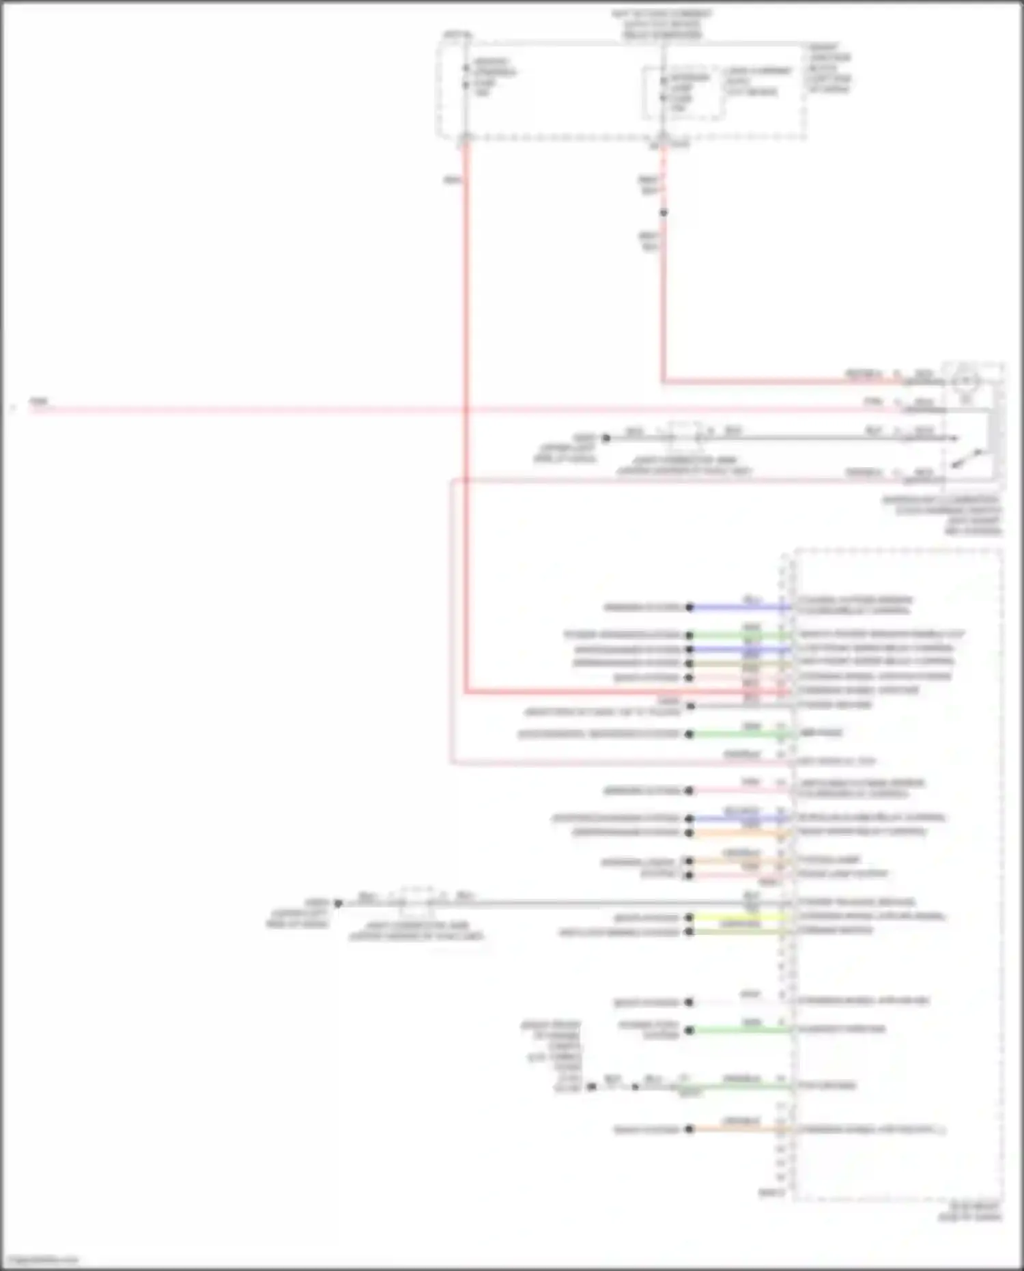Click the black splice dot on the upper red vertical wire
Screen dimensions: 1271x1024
pyautogui.click(x=663, y=212)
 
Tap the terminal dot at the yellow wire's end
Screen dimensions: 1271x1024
pyautogui.click(x=689, y=917)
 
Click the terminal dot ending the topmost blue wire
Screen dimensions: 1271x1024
pyautogui.click(x=689, y=606)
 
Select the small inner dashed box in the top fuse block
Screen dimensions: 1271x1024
pyautogui.click(x=682, y=93)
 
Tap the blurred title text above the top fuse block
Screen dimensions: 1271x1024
pyautogui.click(x=662, y=24)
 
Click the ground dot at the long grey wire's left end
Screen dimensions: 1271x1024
pyautogui.click(x=338, y=903)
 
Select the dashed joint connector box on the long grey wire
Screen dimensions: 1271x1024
pyautogui.click(x=416, y=902)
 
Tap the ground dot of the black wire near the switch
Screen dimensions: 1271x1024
pyautogui.click(x=606, y=438)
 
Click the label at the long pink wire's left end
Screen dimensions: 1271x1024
pyautogui.click(x=39, y=402)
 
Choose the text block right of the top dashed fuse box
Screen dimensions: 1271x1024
pyautogui.click(x=829, y=68)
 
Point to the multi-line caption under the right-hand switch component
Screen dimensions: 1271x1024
pyautogui.click(x=943, y=515)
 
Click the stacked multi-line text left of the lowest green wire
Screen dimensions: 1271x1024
pyautogui.click(x=553, y=1055)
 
